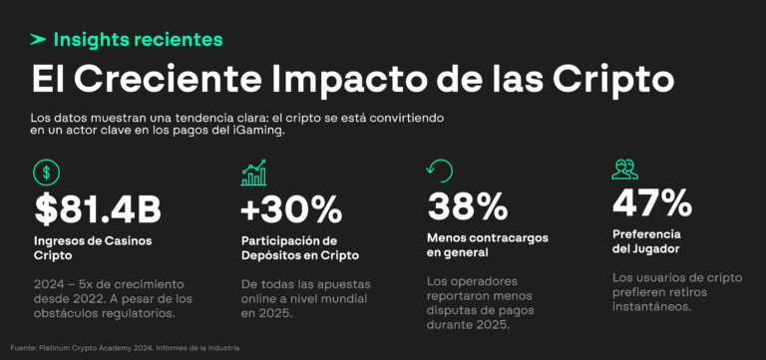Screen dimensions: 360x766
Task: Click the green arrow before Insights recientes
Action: tap(38, 40)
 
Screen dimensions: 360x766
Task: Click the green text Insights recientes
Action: tap(138, 40)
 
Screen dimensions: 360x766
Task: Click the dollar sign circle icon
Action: tap(47, 173)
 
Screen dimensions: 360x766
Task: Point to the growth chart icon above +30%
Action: tap(253, 173)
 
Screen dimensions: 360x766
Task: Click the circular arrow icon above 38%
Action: tap(439, 171)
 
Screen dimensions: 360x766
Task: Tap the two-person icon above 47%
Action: tap(624, 170)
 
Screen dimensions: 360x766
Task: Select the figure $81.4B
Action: tap(98, 209)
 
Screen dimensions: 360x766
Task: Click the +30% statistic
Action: tap(291, 209)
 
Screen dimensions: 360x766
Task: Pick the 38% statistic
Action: tap(466, 207)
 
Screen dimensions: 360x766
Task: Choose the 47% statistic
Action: tap(651, 203)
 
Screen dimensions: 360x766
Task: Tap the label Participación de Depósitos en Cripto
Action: tap(300, 247)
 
